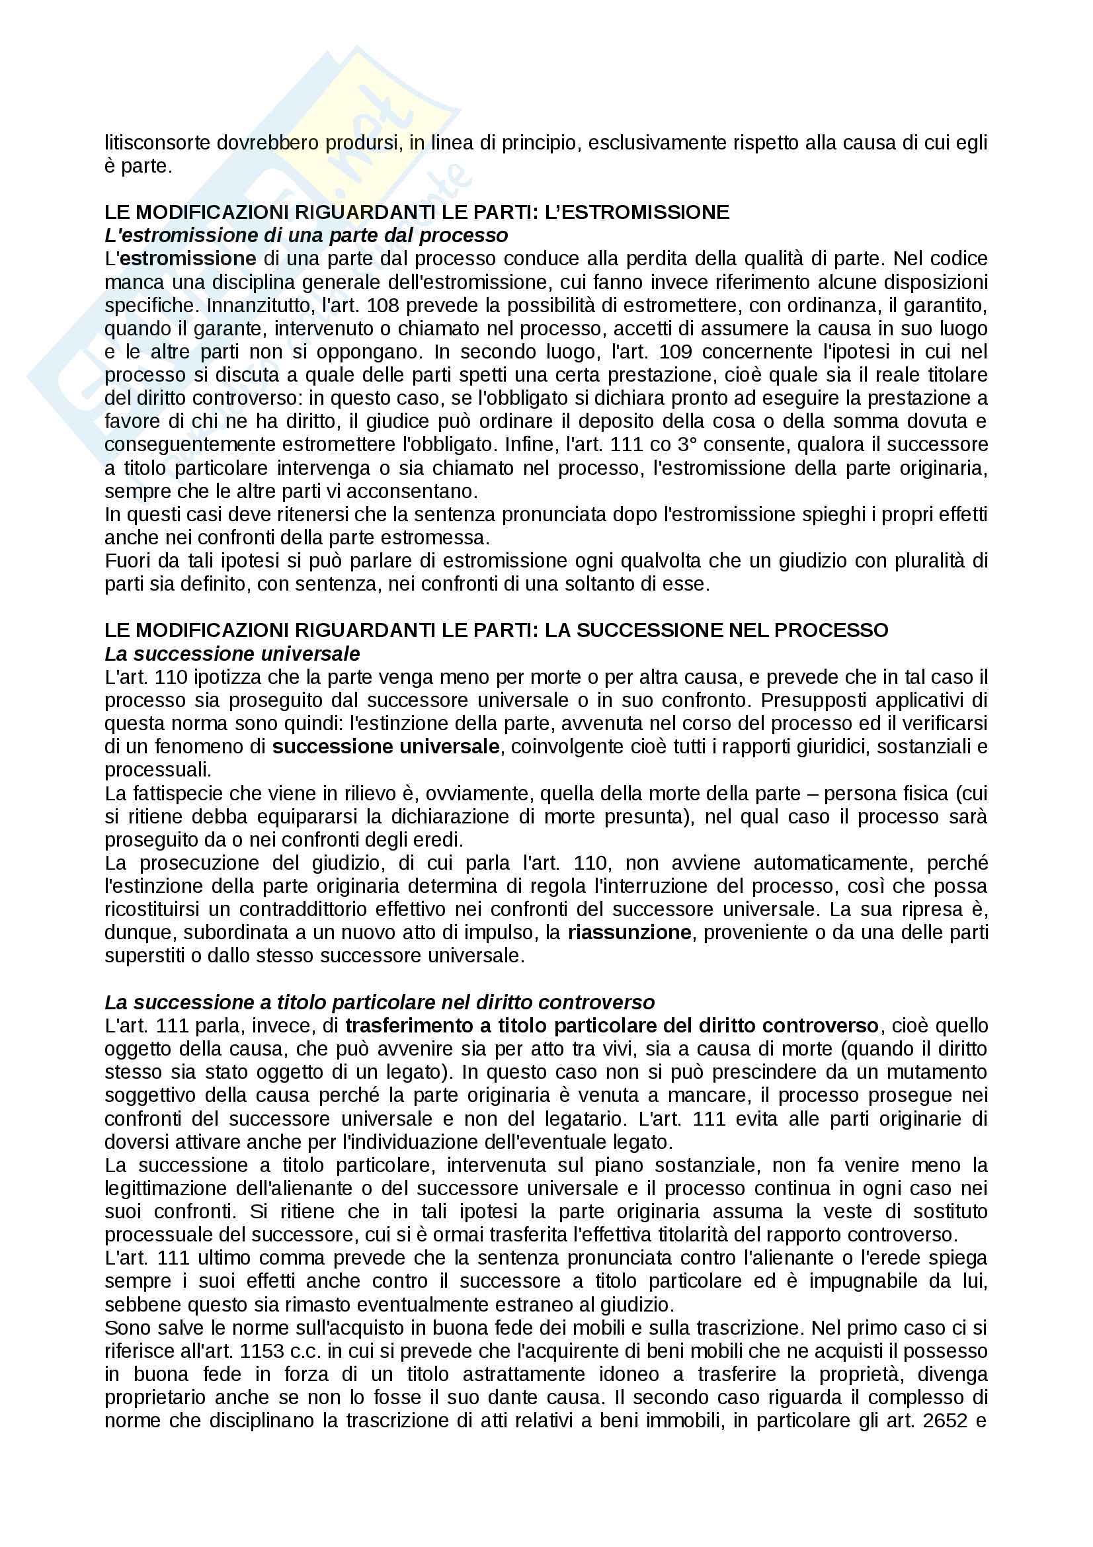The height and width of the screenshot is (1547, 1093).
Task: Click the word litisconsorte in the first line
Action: click(x=157, y=143)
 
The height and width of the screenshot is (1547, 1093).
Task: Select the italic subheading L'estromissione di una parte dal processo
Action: click(x=305, y=236)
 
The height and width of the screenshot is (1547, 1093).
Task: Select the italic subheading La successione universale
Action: click(x=232, y=653)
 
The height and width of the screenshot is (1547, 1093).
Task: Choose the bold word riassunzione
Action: click(x=629, y=933)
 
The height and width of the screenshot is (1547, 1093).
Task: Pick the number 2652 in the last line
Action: click(x=946, y=1420)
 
